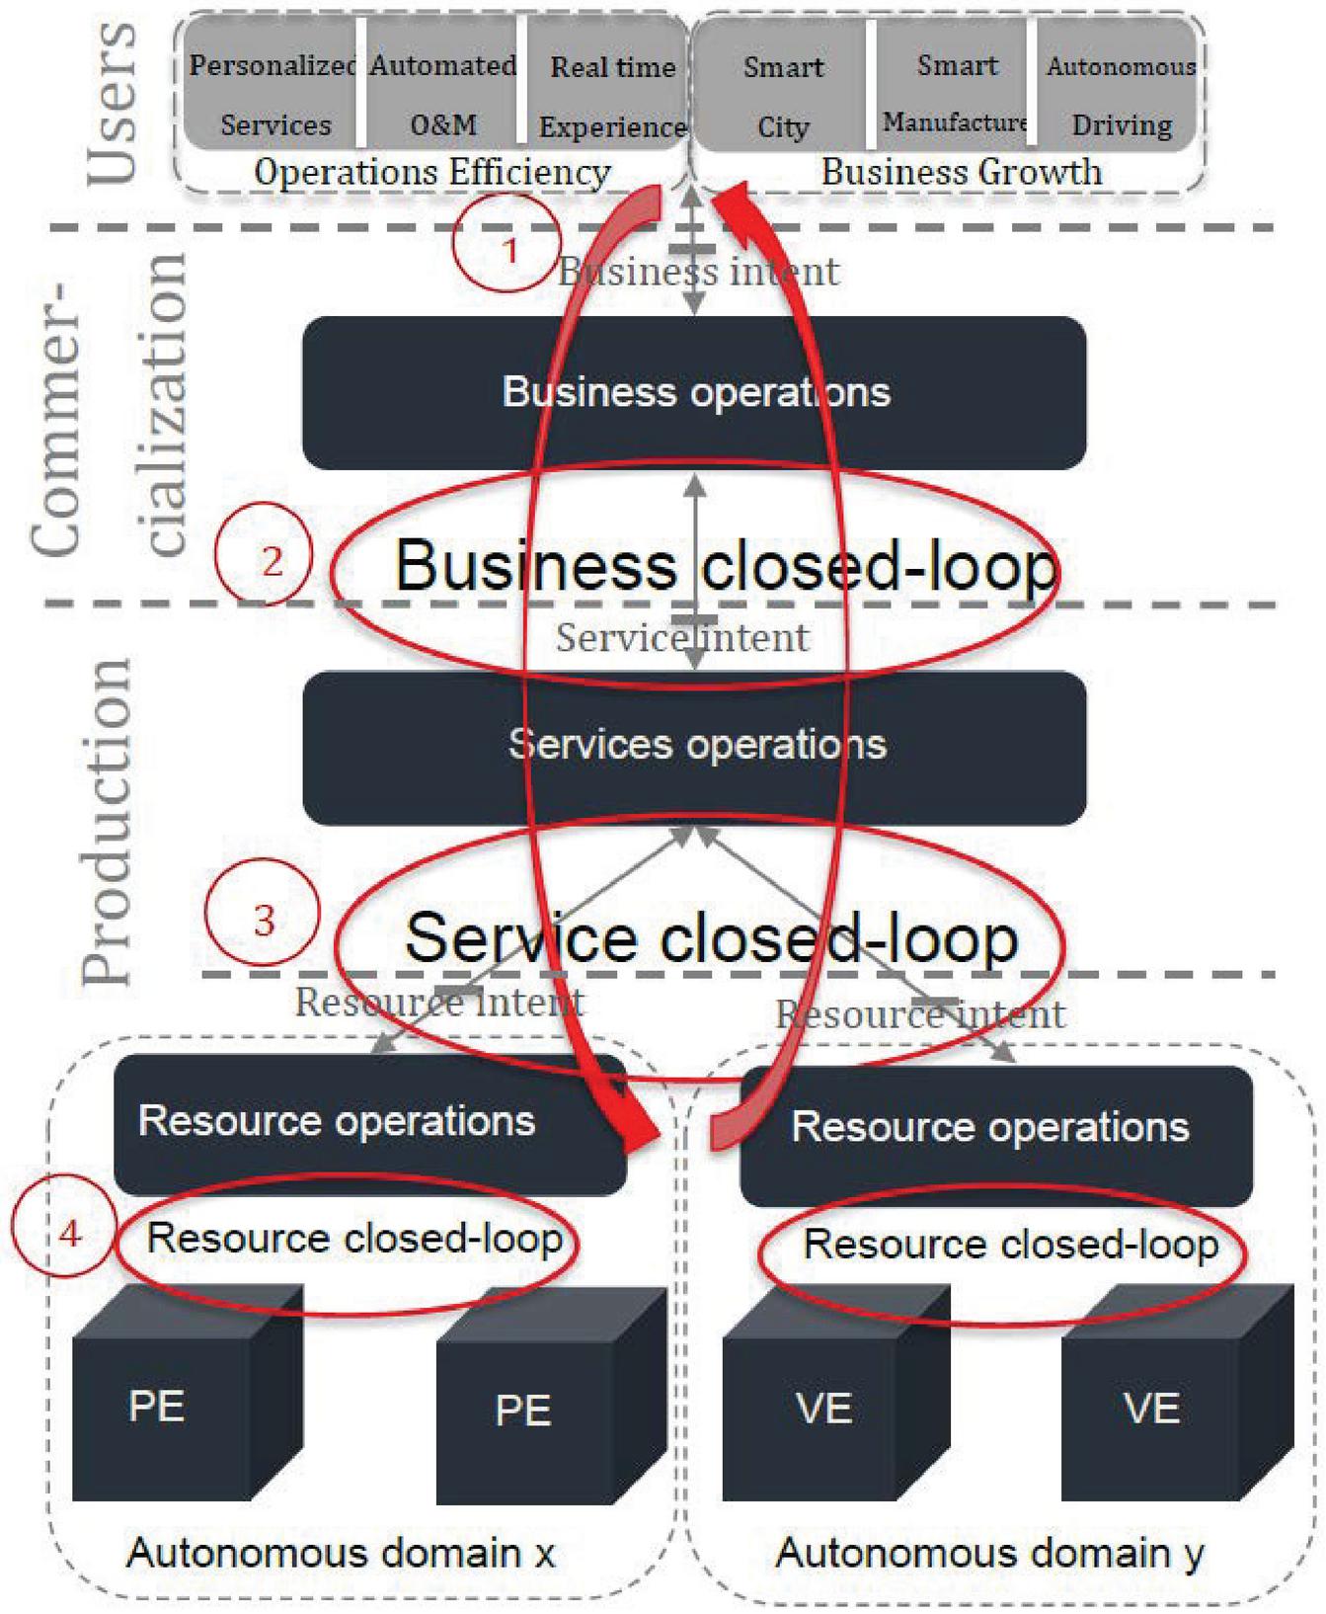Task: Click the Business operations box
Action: (694, 392)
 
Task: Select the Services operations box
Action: (694, 747)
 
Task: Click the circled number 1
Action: (508, 248)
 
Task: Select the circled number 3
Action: (263, 920)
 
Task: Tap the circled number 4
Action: (68, 1233)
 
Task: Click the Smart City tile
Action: (783, 96)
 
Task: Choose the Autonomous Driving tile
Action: (1121, 96)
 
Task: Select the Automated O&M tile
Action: (443, 96)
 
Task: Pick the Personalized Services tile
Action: (273, 96)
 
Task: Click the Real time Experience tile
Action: (612, 96)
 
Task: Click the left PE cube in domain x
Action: (173, 1403)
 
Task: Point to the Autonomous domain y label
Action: (989, 1553)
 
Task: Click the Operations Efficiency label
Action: (432, 172)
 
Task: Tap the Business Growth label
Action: (961, 172)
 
